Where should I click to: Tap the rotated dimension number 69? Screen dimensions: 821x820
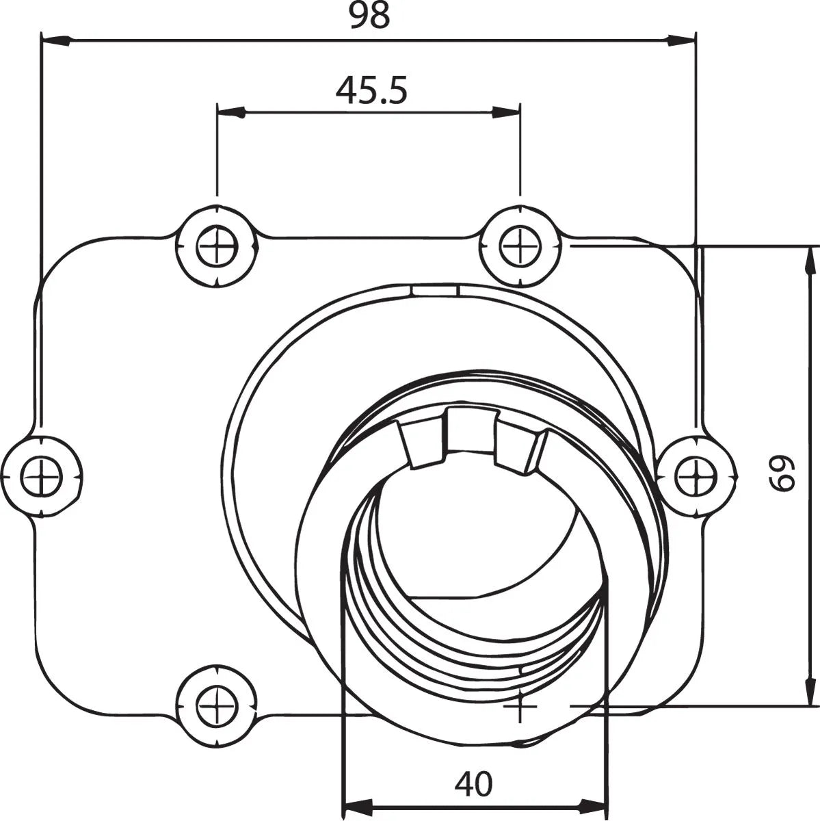(781, 473)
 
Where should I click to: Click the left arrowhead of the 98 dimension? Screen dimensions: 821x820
(55, 40)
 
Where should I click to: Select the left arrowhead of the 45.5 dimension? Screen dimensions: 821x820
(230, 113)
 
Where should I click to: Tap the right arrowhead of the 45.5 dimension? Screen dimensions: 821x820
(506, 113)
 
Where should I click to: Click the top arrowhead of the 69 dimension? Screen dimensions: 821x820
(810, 261)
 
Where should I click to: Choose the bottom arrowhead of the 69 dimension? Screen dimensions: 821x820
(810, 690)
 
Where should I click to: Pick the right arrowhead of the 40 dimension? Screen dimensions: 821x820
(592, 805)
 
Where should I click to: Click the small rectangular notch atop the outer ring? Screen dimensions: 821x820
(435, 291)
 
